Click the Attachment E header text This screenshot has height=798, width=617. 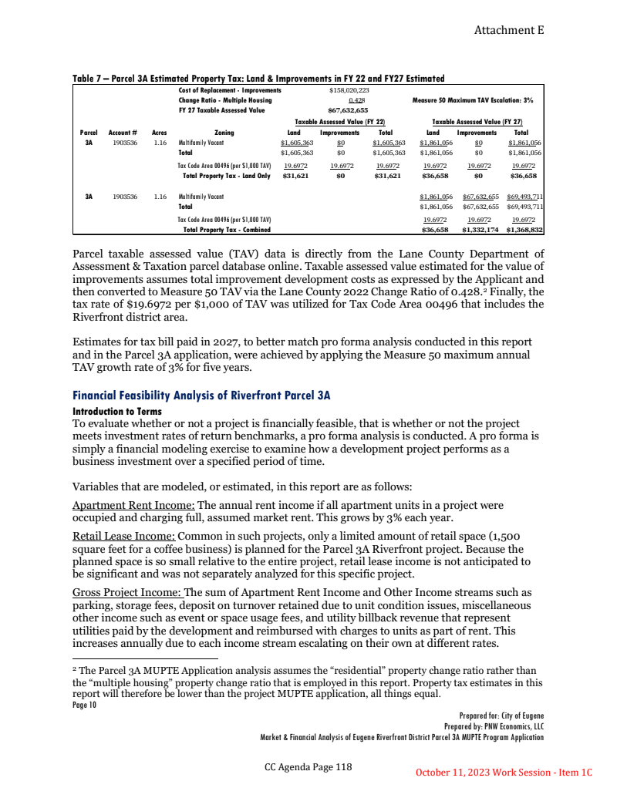508,30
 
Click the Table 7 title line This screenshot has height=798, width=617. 258,79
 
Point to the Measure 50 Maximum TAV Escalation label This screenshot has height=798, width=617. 473,100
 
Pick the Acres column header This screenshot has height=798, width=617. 160,133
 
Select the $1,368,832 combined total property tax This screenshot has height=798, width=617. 525,230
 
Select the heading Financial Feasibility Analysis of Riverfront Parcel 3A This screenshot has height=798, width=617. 201,396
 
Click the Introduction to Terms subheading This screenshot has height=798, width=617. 116,411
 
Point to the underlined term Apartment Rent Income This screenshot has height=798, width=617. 133,505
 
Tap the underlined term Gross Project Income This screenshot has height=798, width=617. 126,592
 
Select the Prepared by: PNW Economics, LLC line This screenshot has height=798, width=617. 494,726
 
